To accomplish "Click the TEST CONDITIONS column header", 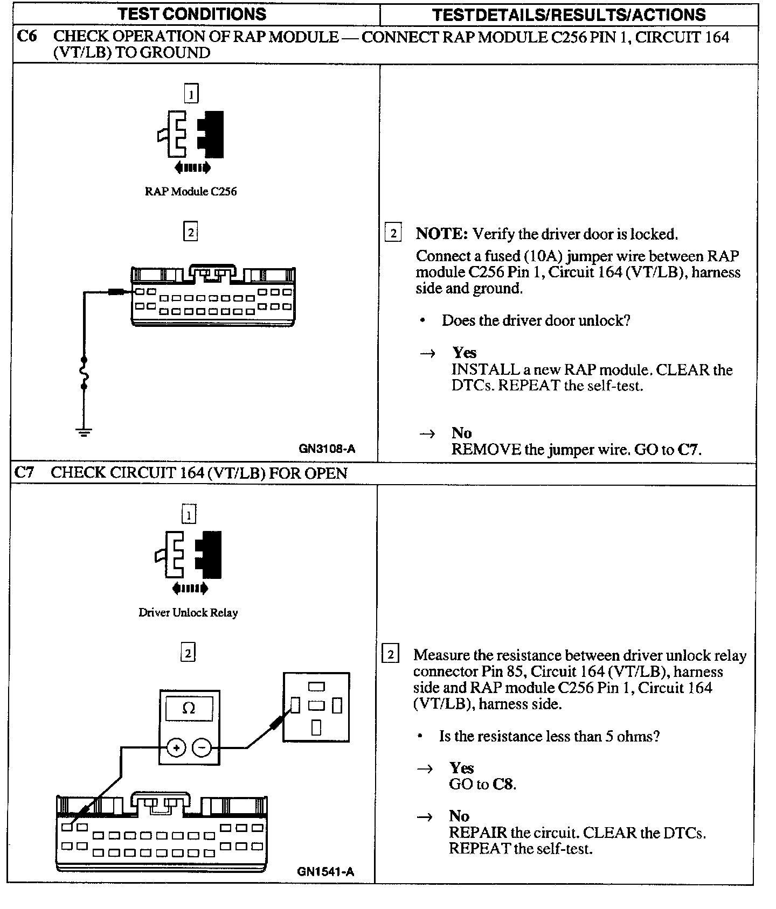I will tap(192, 14).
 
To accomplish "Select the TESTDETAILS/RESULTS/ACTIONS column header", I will tap(569, 15).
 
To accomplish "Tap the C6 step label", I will tap(27, 37).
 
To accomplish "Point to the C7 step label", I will tap(25, 472).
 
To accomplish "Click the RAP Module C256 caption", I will tap(191, 191).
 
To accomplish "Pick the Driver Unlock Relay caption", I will tap(188, 612).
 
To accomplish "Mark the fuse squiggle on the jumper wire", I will tap(84, 373).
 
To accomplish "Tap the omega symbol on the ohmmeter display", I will tap(189, 708).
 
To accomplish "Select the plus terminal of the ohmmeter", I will tap(176, 747).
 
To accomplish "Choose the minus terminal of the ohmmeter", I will tap(202, 747).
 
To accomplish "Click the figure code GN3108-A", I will tap(327, 449).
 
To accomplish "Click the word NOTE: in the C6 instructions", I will tap(441, 234).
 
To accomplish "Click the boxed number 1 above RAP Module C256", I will tap(191, 94).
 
